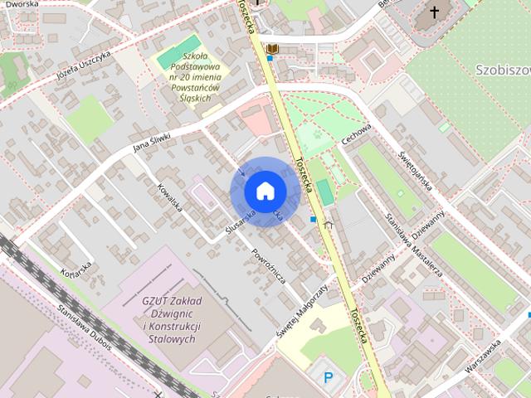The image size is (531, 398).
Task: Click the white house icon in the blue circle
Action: click(x=264, y=192)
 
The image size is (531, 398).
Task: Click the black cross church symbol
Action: click(x=433, y=12)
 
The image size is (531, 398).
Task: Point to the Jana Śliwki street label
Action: click(x=152, y=143)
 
